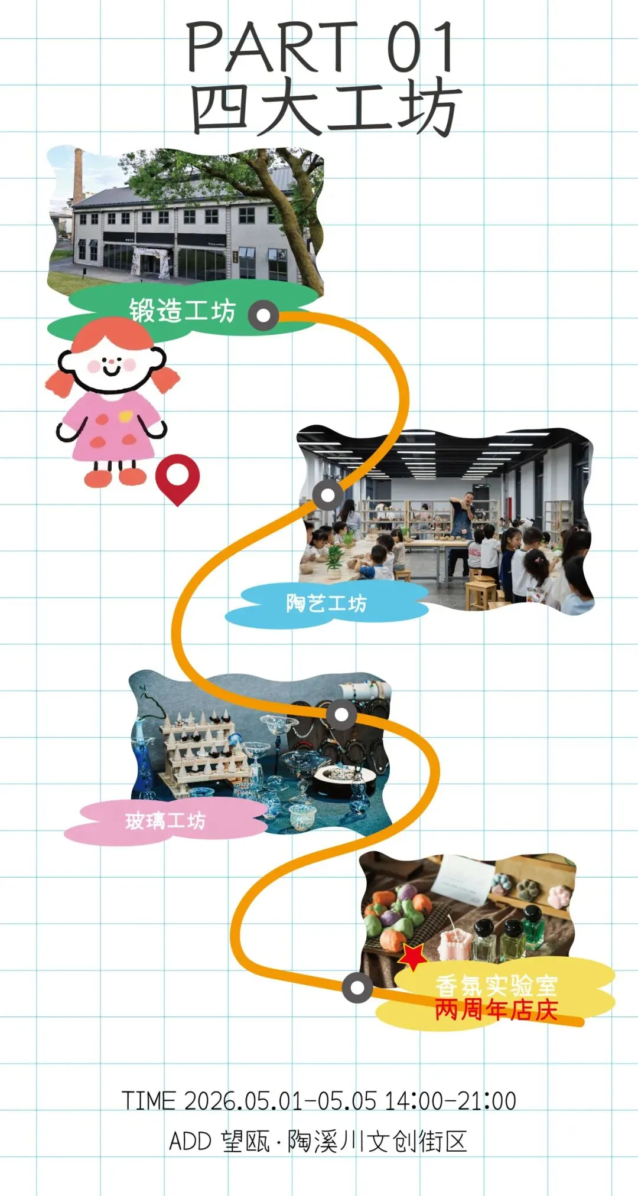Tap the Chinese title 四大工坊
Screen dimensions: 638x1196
325,107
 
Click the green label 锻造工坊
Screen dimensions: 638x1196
182,311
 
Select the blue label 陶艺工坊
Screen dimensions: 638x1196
326,603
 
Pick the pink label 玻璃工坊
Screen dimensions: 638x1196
165,821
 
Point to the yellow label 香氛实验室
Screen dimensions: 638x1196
497,985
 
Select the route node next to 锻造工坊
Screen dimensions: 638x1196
263,315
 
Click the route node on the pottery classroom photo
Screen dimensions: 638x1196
328,495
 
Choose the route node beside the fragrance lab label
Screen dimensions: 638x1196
357,987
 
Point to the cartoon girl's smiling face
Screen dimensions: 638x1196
112,362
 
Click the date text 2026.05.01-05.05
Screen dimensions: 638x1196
280,1101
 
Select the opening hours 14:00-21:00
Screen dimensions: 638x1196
451,1101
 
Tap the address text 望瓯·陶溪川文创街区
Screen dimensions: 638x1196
345,1142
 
